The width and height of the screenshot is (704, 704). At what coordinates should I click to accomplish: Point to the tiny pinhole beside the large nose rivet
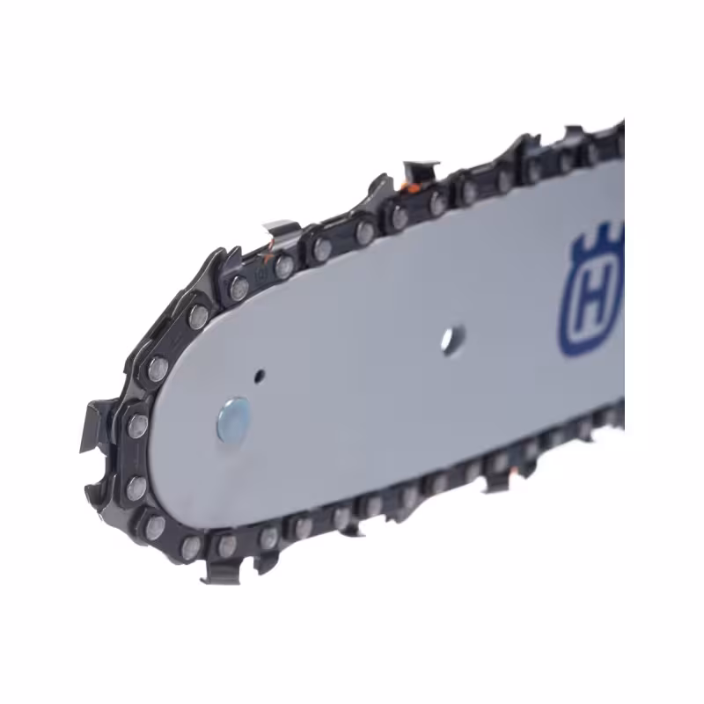[259, 376]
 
